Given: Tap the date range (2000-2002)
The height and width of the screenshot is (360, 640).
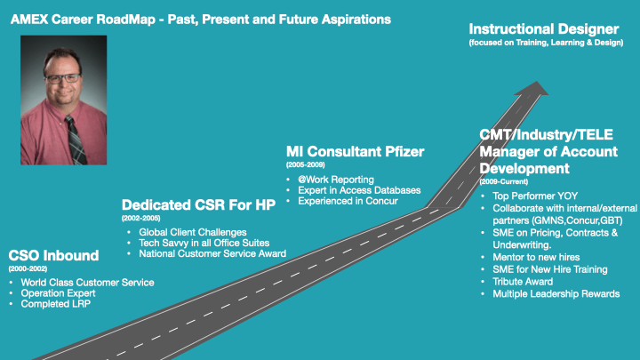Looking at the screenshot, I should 28,268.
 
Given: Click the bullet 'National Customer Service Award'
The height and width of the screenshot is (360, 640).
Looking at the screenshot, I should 212,254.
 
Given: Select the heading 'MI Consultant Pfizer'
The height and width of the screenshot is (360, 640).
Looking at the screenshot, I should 356,152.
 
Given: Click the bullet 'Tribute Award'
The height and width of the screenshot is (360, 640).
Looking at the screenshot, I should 524,281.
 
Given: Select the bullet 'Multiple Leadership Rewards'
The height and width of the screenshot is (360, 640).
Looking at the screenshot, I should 556,293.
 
